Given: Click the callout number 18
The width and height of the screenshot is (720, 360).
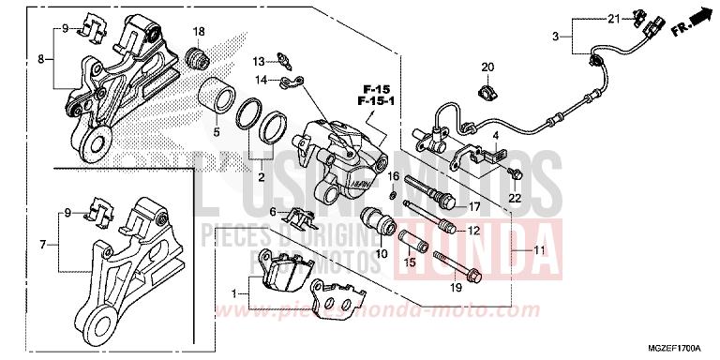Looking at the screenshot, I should tap(199, 32).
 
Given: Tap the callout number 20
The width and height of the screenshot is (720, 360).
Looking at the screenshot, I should tap(487, 67).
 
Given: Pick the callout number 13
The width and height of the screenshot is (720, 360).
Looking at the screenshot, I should tap(257, 60).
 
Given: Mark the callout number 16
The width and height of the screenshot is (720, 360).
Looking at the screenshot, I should tap(395, 176).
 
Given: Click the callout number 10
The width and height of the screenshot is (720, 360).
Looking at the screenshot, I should tap(382, 253).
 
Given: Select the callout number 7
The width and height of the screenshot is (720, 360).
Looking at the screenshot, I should tap(43, 245).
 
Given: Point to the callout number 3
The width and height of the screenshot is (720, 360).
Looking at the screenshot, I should tap(555, 37).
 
